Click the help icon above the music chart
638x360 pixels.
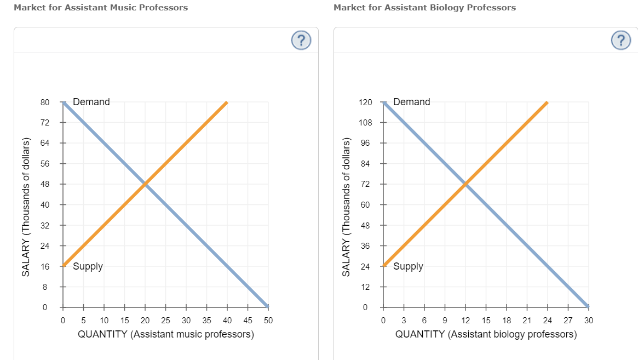[301, 40]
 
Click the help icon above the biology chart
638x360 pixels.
[620, 40]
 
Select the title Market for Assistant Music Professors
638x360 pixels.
[101, 8]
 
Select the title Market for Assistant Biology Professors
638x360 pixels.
[424, 8]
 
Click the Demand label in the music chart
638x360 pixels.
[91, 102]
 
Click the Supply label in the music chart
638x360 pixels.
[88, 267]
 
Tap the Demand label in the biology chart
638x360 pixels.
[411, 102]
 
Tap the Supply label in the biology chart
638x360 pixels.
[408, 267]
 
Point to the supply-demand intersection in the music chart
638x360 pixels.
[145, 184]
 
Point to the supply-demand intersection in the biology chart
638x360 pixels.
[465, 184]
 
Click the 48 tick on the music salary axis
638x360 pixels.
[45, 184]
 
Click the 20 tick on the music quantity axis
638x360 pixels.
[145, 321]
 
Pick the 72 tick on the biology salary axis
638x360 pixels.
[365, 184]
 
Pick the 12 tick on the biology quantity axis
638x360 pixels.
[465, 321]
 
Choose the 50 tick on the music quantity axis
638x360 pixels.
[268, 321]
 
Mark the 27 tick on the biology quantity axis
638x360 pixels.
[568, 321]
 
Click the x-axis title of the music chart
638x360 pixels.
[166, 334]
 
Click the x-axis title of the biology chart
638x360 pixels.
[486, 334]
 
